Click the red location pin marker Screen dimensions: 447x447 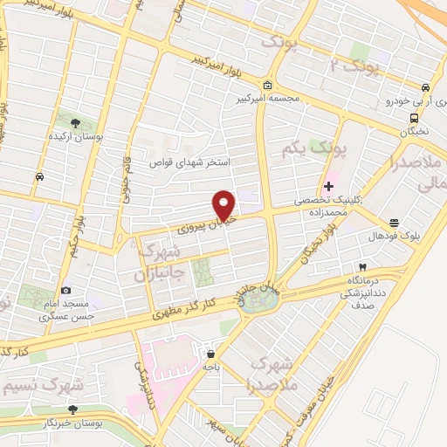point(224,204)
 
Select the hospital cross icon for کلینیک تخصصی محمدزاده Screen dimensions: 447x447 point(328,185)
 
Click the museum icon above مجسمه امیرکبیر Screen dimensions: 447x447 point(267,86)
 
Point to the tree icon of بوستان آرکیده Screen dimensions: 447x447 point(76,123)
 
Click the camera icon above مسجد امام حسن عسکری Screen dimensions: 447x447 point(65,291)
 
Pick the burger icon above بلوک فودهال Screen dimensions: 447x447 point(394,223)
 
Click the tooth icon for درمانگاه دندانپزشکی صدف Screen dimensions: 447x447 point(361,265)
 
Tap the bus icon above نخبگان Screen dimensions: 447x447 point(414,119)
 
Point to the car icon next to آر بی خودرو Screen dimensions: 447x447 point(424,88)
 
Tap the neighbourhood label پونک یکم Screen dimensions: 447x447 point(313,150)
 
